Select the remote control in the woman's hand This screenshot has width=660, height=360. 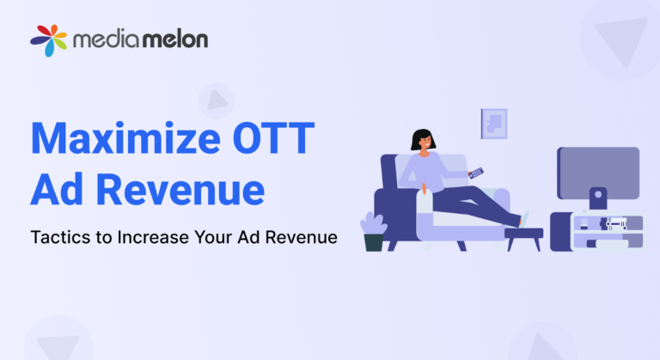(x=475, y=172)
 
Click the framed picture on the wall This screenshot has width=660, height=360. (x=493, y=123)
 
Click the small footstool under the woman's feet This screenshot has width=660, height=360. (x=523, y=234)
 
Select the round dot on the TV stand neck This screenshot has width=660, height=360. (x=597, y=193)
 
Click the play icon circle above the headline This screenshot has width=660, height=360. (x=216, y=101)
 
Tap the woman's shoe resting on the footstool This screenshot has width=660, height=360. (x=524, y=219)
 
